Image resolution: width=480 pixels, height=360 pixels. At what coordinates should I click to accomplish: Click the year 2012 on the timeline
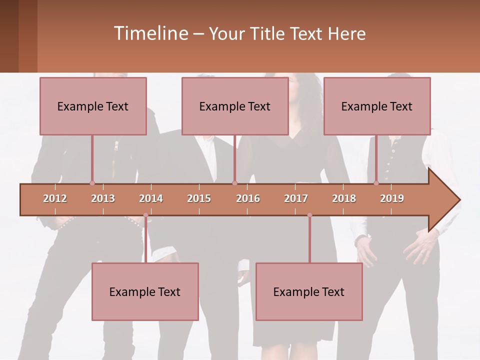point(55,198)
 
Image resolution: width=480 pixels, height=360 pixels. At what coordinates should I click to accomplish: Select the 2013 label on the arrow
point(103,198)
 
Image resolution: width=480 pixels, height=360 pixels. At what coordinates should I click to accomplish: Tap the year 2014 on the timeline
point(151,198)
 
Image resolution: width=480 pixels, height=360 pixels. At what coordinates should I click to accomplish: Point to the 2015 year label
point(199,198)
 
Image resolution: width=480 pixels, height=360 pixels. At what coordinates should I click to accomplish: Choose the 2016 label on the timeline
point(248,198)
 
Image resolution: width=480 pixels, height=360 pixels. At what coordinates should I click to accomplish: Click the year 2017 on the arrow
point(296,198)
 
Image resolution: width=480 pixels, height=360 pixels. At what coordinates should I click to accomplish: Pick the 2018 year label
point(344,198)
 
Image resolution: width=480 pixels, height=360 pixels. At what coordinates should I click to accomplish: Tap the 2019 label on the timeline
point(392,198)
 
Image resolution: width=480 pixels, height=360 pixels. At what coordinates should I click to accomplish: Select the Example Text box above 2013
point(93,106)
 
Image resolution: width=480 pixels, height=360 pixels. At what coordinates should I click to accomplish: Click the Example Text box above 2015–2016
point(235,106)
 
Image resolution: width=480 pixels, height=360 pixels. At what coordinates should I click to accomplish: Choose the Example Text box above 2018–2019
point(377,106)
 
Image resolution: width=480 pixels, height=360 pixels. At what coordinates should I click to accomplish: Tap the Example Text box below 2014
point(145,291)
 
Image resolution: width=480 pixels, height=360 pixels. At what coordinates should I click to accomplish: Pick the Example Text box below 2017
point(309,291)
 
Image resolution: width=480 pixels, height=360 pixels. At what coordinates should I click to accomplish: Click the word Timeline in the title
point(150,33)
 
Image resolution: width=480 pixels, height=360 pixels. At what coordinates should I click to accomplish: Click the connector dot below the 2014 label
point(145,215)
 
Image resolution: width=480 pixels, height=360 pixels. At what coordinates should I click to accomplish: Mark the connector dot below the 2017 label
point(309,215)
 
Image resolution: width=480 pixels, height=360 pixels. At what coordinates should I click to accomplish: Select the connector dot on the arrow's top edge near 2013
point(92,183)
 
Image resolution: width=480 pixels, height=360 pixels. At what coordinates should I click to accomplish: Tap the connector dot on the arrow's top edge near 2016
point(234,183)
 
